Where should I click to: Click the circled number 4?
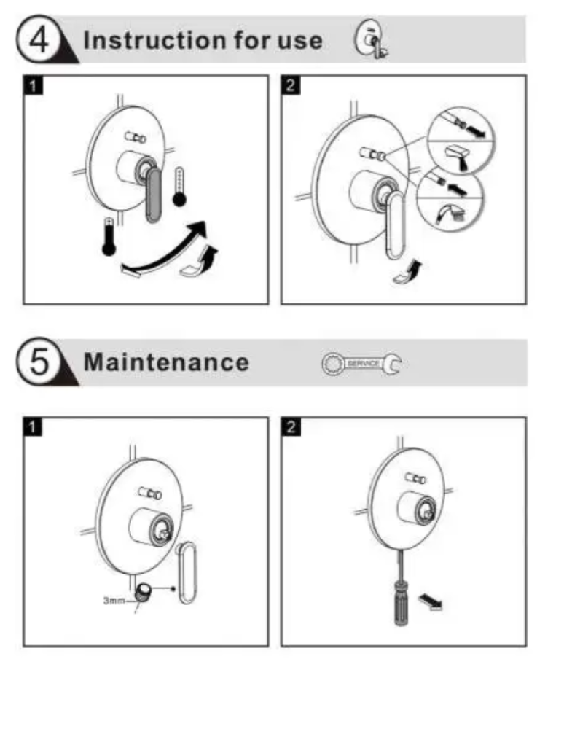[x=38, y=39]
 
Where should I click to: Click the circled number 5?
[x=38, y=362]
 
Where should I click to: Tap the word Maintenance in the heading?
[x=166, y=362]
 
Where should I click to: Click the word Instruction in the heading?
[x=155, y=40]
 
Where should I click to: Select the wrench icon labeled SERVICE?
[x=361, y=364]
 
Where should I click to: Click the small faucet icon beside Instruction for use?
[x=371, y=39]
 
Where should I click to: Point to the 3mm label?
[x=114, y=600]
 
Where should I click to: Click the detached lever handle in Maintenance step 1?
[x=187, y=572]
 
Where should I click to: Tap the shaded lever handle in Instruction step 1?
[x=154, y=195]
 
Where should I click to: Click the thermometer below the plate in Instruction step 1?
[x=109, y=236]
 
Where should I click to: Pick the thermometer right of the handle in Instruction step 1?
[x=179, y=187]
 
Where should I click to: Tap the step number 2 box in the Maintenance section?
[x=291, y=426]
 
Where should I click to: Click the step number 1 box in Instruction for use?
[x=33, y=85]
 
